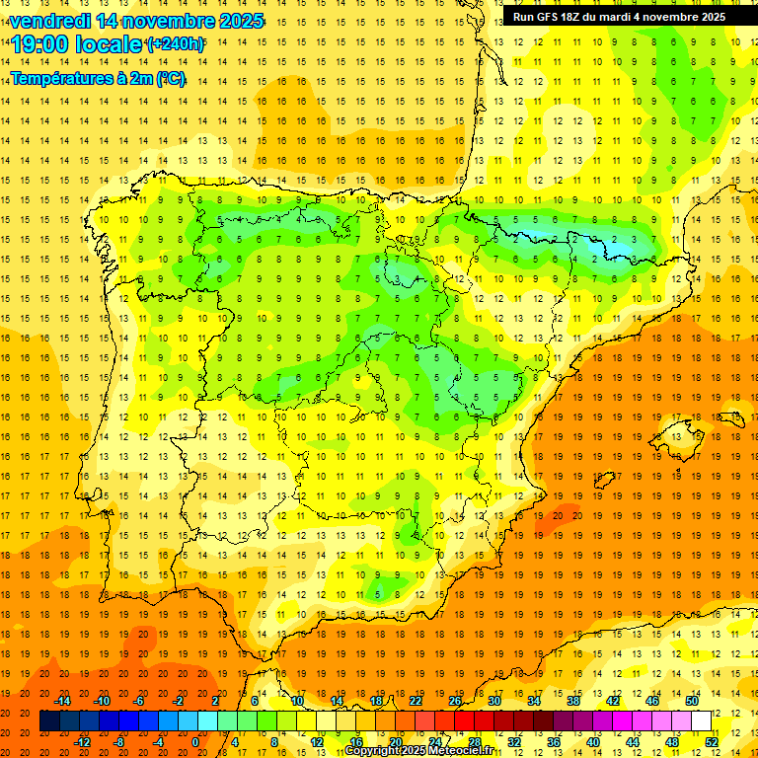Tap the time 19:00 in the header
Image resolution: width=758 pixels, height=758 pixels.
[40, 44]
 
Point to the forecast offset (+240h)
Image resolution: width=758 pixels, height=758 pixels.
[176, 44]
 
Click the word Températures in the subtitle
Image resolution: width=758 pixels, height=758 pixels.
[58, 78]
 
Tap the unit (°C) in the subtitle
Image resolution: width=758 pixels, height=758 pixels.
[170, 78]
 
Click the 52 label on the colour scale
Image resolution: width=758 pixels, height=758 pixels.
[712, 742]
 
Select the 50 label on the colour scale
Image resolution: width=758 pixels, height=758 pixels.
[692, 701]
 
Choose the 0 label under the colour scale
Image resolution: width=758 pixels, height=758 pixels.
[194, 742]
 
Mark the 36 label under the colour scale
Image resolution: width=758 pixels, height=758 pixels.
[553, 742]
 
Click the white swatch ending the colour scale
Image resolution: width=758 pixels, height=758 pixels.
[702, 721]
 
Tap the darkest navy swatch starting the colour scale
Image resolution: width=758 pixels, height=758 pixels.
[49, 721]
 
